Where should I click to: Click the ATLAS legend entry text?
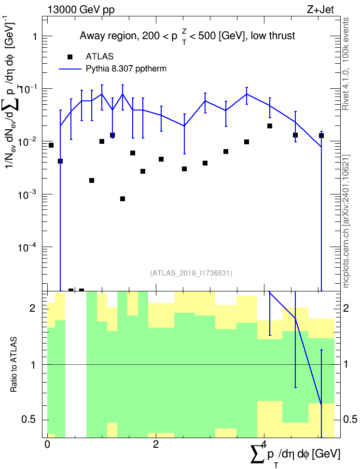(99, 56)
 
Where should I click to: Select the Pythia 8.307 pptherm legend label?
(126, 69)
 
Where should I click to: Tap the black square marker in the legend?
(70, 57)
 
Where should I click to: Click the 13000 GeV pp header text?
(81, 10)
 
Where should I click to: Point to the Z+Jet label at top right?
(320, 10)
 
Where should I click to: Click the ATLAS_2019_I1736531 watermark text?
(191, 273)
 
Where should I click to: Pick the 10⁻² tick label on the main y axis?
(28, 141)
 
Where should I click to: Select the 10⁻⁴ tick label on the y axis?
(28, 247)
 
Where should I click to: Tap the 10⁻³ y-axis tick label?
(28, 194)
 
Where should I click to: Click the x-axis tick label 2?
(155, 444)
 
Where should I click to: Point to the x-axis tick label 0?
(47, 444)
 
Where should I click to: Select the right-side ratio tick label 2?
(346, 308)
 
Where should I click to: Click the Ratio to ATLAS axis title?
(14, 365)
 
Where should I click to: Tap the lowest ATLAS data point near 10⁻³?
(123, 199)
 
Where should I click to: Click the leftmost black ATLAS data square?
(51, 145)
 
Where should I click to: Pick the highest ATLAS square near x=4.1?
(270, 126)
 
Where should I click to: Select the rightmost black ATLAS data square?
(321, 136)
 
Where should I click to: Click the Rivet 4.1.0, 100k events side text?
(346, 64)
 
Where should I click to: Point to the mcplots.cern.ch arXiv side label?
(346, 221)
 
